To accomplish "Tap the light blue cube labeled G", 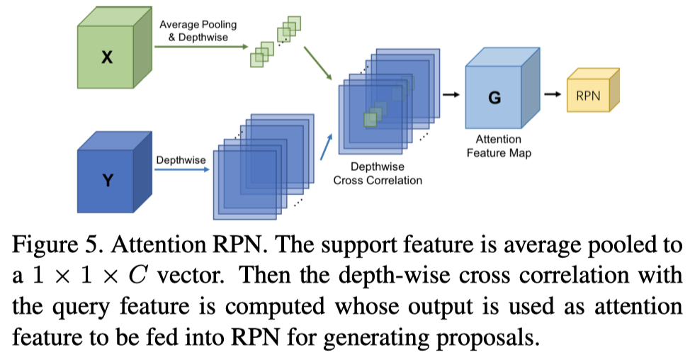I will pyautogui.click(x=494, y=99).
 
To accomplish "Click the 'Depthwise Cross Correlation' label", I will pyautogui.click(x=378, y=174).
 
